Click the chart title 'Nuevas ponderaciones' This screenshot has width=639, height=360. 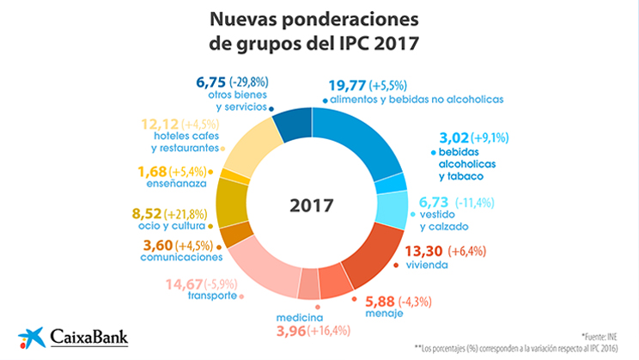[x=319, y=19]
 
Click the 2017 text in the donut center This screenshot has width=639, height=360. [x=311, y=206]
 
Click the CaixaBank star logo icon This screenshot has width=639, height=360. [x=31, y=336]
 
